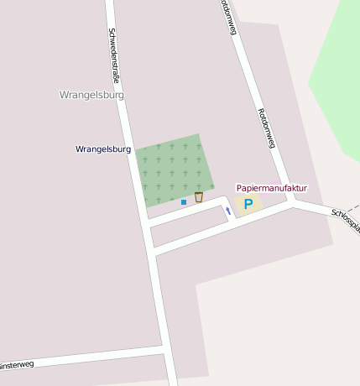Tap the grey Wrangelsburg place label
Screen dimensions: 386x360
click(92, 95)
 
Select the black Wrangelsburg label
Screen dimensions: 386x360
click(103, 149)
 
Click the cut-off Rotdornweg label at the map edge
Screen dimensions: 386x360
click(227, 17)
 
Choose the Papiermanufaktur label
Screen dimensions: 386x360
click(271, 188)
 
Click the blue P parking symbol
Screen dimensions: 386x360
click(248, 204)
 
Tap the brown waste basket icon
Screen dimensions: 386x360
click(199, 197)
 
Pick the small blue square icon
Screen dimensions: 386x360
click(184, 202)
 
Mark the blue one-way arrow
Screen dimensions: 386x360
click(227, 211)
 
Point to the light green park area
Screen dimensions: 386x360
click(340, 76)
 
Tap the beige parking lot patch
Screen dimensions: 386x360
click(249, 203)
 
